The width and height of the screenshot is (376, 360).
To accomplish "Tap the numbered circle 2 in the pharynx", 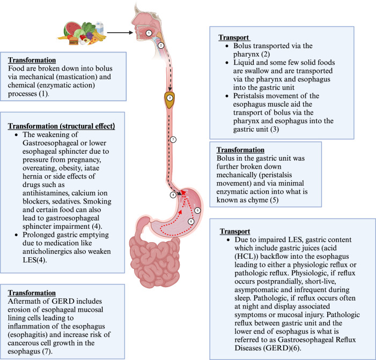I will click(160, 46).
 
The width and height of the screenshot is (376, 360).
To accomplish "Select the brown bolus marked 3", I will click(169, 99).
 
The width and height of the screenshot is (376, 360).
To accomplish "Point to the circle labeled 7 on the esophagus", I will click(172, 140).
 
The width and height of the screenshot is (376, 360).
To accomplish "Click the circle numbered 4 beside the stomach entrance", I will click(173, 195).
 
